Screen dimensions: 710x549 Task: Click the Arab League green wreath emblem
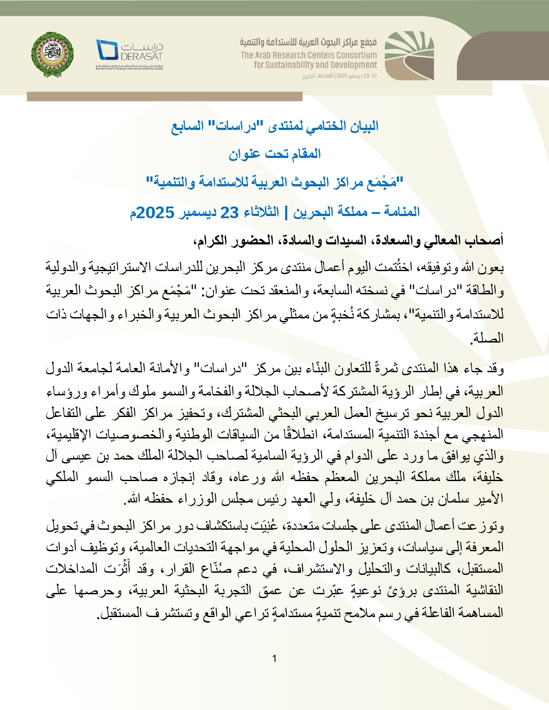click(53, 54)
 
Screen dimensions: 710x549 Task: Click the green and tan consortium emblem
click(409, 55)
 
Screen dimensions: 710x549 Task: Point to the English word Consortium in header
click(351, 55)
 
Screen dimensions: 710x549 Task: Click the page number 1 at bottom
click(274, 658)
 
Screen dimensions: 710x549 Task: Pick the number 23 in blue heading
click(229, 213)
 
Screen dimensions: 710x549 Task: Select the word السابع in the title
click(187, 127)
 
